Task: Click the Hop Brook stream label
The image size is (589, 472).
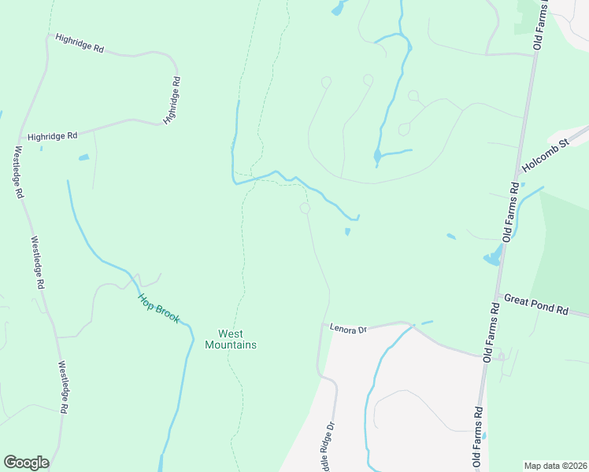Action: point(159,308)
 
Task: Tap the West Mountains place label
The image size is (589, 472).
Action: point(231,339)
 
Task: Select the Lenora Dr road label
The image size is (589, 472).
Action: point(349,330)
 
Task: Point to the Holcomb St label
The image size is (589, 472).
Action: point(545,157)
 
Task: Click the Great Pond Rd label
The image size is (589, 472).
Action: point(536,304)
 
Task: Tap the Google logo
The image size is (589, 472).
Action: point(26,463)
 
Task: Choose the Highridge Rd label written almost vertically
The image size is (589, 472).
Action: point(172,100)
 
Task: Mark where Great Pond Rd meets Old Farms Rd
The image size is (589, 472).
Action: point(498,294)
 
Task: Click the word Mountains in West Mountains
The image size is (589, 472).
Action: point(231,345)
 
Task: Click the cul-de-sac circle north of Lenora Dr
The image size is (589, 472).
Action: point(305,208)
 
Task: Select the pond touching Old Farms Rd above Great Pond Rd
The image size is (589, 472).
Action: point(492,257)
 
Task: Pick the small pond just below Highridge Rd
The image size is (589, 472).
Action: point(83,157)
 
